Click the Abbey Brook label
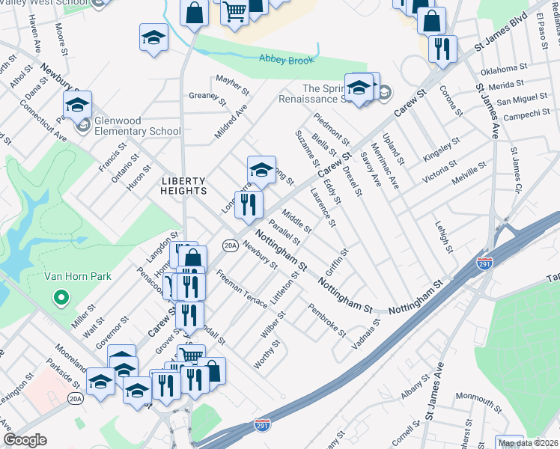click(284, 58)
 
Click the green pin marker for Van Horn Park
click(61, 299)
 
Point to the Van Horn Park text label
click(77, 276)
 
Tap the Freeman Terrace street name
click(241, 290)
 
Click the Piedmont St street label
click(331, 127)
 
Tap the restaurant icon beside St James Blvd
click(442, 49)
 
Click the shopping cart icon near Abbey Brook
click(234, 13)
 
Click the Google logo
click(25, 440)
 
